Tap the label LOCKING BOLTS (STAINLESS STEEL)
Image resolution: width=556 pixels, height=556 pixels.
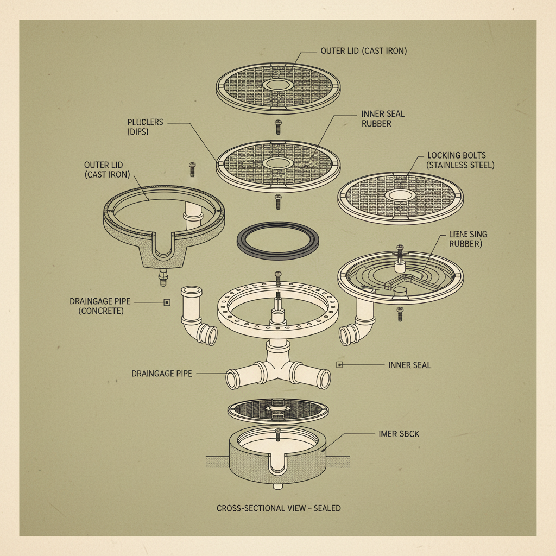pyautogui.click(x=460, y=160)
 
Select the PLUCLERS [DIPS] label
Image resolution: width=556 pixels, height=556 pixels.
pyautogui.click(x=145, y=127)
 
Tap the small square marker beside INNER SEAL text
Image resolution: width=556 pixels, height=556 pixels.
pyautogui.click(x=340, y=365)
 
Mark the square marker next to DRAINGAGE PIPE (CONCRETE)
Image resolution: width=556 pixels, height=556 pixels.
pyautogui.click(x=167, y=302)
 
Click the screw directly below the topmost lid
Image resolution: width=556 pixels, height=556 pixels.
pyautogui.click(x=278, y=127)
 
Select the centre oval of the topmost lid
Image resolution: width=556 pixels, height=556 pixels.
pyautogui.click(x=278, y=85)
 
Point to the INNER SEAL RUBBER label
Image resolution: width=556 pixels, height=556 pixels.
pyautogui.click(x=383, y=118)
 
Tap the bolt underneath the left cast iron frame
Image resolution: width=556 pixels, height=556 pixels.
pyautogui.click(x=162, y=279)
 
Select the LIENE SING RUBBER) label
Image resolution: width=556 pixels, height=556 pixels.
pyautogui.click(x=469, y=238)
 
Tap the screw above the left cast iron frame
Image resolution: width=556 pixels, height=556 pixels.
pyautogui.click(x=192, y=169)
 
